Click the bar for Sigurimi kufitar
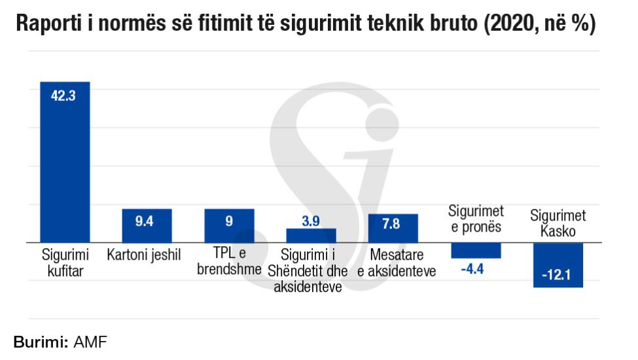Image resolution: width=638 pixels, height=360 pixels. [65, 170]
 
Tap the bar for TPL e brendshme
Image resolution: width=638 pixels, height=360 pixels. [229, 230]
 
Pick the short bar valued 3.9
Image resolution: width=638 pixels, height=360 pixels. [311, 236]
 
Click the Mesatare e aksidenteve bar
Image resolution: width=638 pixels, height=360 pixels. [393, 233]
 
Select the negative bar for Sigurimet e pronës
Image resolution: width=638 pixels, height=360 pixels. [476, 251]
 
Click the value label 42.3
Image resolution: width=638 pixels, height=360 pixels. [64, 96]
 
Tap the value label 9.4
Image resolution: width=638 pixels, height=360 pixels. [145, 221]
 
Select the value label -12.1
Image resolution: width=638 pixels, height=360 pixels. [557, 276]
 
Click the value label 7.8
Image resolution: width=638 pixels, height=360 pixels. [391, 224]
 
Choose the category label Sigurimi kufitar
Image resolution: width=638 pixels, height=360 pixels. [64, 262]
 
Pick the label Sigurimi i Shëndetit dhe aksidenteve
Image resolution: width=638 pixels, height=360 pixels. [308, 270]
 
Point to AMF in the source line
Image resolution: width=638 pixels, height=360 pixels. [90, 342]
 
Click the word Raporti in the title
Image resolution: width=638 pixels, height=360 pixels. [44, 25]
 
